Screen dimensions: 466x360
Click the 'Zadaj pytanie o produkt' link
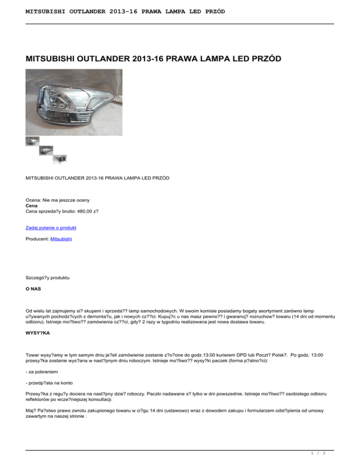(x=51, y=227)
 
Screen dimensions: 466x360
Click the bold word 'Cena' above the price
(x=31, y=205)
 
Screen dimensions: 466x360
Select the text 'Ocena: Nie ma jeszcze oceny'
(x=58, y=200)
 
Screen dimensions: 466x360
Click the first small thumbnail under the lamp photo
(x=32, y=141)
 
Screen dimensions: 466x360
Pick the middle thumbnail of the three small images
(x=46, y=150)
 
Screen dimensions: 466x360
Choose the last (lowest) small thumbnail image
(x=60, y=159)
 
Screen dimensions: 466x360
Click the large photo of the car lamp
(x=74, y=103)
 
